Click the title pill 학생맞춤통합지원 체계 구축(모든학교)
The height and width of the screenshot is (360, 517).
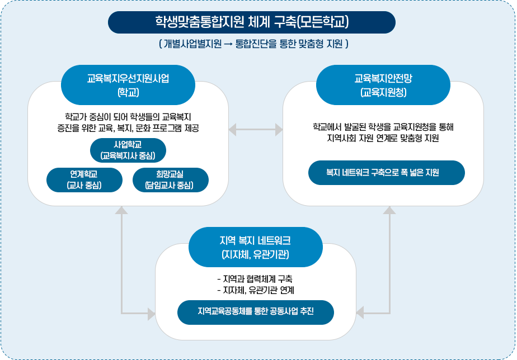[x=252, y=22]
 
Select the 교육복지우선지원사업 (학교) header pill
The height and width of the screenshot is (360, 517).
[x=128, y=84]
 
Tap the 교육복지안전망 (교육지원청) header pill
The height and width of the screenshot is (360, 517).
[x=383, y=84]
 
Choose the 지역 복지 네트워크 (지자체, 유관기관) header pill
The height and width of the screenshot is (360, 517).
[x=256, y=247]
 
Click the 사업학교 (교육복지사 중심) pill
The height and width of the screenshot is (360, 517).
[x=128, y=150]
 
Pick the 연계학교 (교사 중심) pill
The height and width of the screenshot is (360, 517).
[x=84, y=179]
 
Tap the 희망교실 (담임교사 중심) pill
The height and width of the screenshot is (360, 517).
[x=170, y=179]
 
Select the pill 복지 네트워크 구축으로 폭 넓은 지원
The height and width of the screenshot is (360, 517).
[x=387, y=173]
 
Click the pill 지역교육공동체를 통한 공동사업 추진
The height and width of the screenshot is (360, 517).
[x=256, y=312]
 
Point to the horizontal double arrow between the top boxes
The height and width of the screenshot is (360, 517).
[x=256, y=130]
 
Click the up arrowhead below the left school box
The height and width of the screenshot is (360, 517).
[x=121, y=211]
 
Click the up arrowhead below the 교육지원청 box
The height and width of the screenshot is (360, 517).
[x=389, y=211]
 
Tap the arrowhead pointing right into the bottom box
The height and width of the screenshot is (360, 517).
[x=151, y=314]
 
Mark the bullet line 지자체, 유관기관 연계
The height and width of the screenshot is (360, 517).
[x=255, y=290]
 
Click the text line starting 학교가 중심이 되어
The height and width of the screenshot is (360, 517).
[x=128, y=117]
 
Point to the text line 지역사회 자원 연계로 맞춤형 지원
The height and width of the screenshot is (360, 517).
[x=383, y=138]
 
